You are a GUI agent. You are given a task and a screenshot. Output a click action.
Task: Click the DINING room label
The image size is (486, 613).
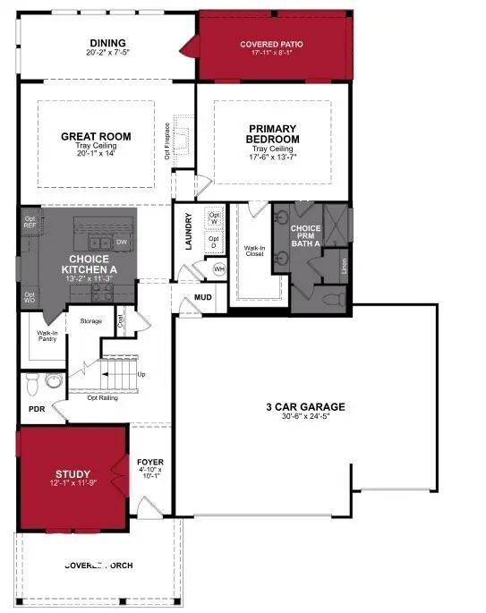(x=107, y=43)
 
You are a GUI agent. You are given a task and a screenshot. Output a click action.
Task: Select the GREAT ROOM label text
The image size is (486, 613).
(x=96, y=137)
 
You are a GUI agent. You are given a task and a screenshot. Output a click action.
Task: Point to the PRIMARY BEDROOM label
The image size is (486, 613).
(x=273, y=134)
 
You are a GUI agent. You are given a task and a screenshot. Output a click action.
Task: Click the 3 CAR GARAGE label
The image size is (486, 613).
(x=305, y=407)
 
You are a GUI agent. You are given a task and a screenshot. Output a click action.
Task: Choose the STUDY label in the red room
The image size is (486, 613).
(x=72, y=473)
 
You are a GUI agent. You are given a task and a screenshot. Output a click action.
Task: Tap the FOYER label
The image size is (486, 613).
(x=150, y=462)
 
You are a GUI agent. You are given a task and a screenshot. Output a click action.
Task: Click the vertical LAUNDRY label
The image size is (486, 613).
(x=190, y=232)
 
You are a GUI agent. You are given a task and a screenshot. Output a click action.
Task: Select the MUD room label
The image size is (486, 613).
(x=203, y=298)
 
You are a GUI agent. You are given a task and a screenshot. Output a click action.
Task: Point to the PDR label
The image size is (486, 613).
(x=37, y=409)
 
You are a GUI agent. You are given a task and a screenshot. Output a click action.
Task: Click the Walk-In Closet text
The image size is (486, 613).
(x=256, y=251)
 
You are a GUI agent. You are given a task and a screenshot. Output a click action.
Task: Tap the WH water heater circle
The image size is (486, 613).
(x=219, y=268)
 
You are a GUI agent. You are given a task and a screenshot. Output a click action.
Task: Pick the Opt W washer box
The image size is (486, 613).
(x=214, y=218)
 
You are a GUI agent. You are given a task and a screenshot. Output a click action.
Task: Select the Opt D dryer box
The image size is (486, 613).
(x=214, y=242)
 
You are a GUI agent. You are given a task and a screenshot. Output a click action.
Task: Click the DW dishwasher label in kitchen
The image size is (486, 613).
(x=122, y=243)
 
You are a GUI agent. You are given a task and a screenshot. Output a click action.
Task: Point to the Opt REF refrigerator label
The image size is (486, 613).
(x=30, y=222)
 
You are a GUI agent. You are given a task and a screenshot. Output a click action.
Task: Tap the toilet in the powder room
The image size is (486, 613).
(x=32, y=384)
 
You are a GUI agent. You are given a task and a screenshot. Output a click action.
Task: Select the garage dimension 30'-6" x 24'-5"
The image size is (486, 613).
(x=305, y=419)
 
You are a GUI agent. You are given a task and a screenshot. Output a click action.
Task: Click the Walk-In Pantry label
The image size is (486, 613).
(x=47, y=336)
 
